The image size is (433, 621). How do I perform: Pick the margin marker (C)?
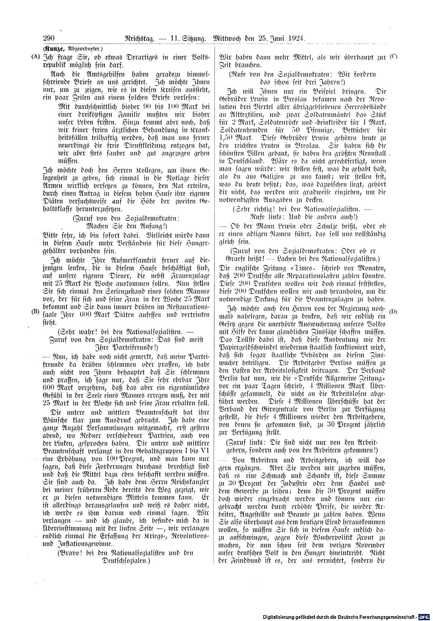click(x=393, y=56)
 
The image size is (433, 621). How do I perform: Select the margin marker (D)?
click(x=393, y=311)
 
